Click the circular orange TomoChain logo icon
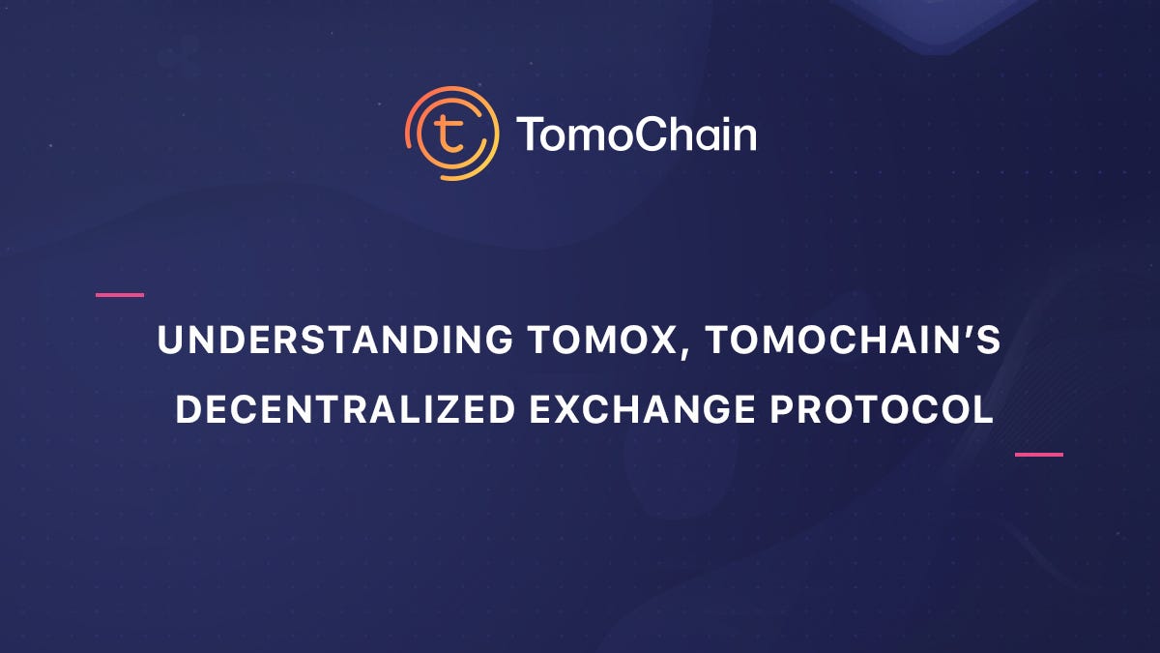pos(452,134)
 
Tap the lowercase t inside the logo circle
pos(449,134)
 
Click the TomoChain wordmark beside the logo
pos(636,134)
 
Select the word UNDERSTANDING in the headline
pos(335,340)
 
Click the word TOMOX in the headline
pos(601,340)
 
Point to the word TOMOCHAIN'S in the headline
pos(854,340)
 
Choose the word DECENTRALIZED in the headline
pos(345,409)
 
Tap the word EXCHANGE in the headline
pos(642,409)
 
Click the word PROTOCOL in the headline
pos(882,409)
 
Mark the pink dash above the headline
pos(120,295)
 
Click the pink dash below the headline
pos(1039,455)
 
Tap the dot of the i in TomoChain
pos(717,119)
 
